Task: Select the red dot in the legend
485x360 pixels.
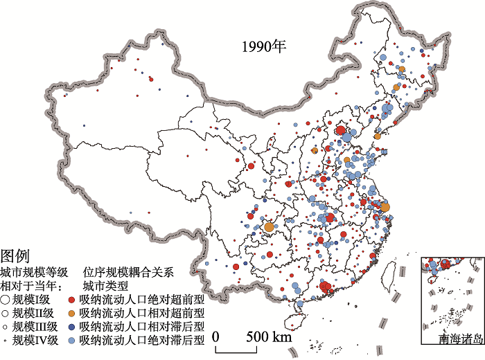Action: pos(72,300)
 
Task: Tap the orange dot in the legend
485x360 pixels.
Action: pos(72,313)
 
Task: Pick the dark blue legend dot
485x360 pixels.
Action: pos(72,326)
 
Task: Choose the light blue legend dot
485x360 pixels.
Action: pos(72,340)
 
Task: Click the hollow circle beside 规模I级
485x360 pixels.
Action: pos(5,300)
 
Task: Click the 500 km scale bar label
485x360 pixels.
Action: pos(270,337)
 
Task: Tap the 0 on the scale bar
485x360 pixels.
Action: pos(216,337)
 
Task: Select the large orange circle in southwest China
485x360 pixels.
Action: pos(269,226)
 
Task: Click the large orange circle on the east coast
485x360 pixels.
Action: pos(385,206)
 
